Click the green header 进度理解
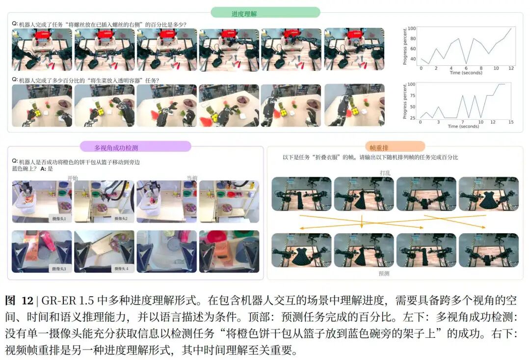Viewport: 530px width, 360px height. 265,13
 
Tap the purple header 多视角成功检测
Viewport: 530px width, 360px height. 136,147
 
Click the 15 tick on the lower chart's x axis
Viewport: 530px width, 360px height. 511,122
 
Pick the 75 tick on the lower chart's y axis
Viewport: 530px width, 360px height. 411,95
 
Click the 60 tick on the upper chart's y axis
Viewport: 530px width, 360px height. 411,49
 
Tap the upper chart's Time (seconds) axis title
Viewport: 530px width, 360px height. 466,73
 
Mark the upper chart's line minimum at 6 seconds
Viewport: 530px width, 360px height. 466,63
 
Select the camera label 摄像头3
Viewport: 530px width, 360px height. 59,269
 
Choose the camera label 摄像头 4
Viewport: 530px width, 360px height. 121,269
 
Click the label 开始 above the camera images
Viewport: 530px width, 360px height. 72,178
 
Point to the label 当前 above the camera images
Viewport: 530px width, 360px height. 191,178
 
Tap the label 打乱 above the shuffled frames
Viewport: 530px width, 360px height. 385,173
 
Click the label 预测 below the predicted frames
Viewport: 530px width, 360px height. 384,273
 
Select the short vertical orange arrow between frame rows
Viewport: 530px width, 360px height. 361,222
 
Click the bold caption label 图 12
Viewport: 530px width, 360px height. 19,301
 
